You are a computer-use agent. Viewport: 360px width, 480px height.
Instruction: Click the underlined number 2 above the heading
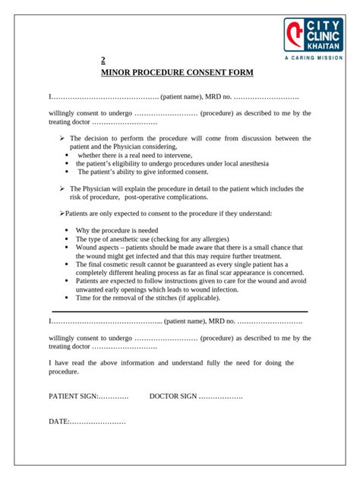pos(104,61)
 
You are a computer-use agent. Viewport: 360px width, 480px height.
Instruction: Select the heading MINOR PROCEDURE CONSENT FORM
pos(178,74)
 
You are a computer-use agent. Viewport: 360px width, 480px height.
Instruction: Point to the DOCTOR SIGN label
pos(174,396)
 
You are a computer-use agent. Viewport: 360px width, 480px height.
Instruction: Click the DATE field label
pos(59,421)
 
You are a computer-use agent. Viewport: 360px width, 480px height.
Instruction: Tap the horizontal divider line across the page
pos(179,311)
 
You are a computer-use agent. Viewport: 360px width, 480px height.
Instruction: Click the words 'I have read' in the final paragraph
pos(68,364)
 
